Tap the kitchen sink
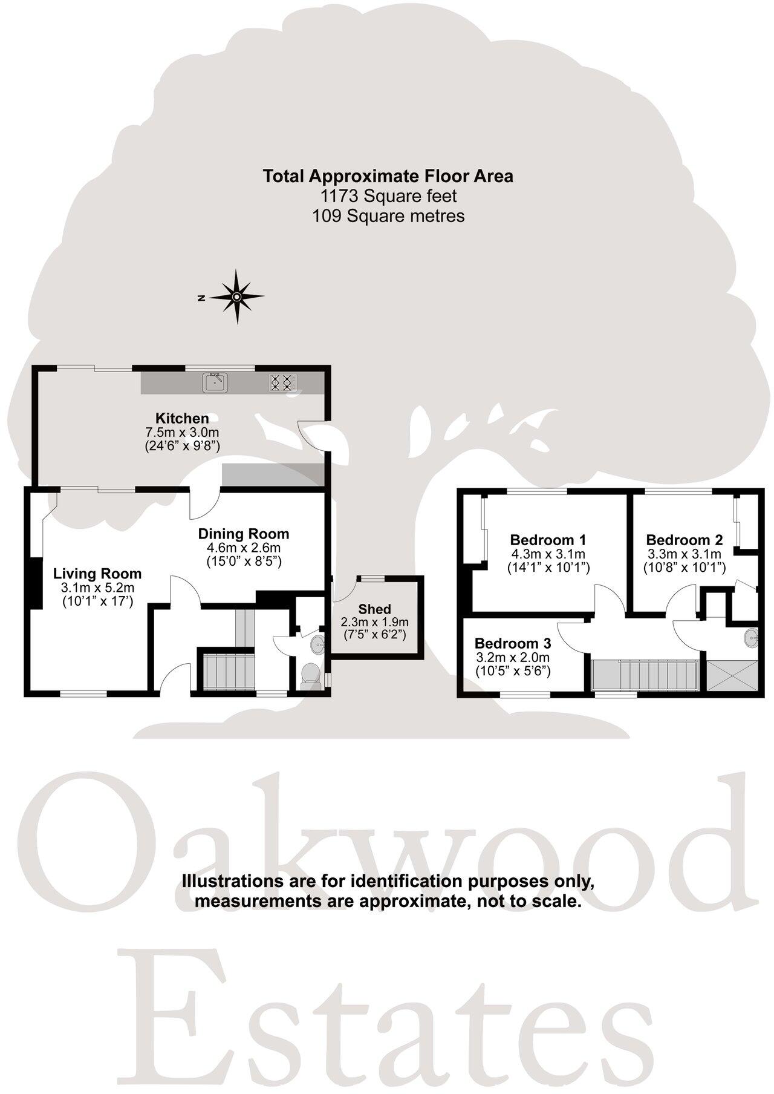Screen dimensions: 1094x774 (x=215, y=382)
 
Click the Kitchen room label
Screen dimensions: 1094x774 (x=182, y=418)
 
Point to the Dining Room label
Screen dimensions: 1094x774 (x=244, y=534)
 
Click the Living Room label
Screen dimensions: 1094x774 (x=97, y=574)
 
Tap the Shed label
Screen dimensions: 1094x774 (x=374, y=609)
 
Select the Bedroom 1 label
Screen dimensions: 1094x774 (x=548, y=540)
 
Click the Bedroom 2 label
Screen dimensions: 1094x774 (x=685, y=540)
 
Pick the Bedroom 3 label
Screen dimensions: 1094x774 (x=512, y=643)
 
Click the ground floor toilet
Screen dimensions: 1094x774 (x=310, y=673)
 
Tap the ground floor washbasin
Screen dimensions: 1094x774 (x=317, y=644)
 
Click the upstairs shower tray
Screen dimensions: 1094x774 (x=730, y=676)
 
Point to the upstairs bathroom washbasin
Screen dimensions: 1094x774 (x=751, y=635)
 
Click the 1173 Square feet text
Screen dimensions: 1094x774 (x=388, y=196)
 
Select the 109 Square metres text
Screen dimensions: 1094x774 (x=388, y=216)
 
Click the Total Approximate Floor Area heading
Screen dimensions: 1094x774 (x=388, y=176)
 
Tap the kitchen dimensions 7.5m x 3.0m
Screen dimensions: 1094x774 (x=182, y=433)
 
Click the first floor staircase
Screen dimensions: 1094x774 (x=645, y=675)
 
